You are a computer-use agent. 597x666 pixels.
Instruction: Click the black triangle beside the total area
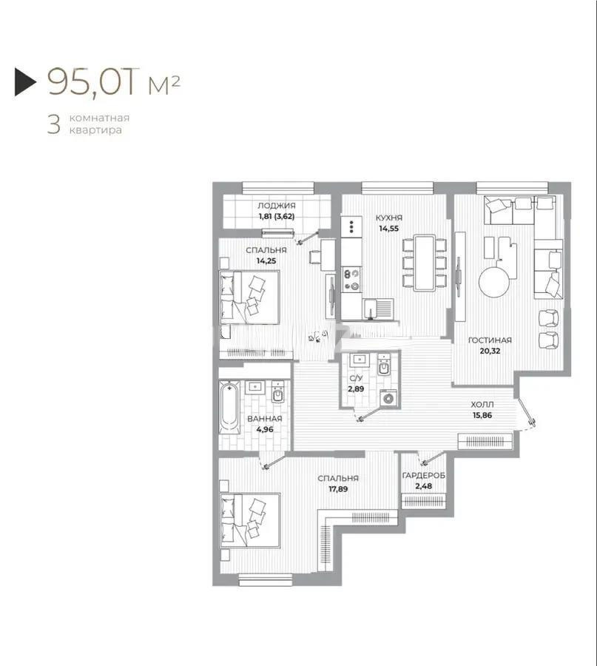[24, 81]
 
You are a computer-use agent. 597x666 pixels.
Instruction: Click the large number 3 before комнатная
[54, 124]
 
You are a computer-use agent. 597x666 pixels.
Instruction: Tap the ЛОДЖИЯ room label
[277, 206]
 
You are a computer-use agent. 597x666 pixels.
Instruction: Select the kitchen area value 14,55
[388, 228]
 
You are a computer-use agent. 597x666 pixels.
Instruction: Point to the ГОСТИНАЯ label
[490, 340]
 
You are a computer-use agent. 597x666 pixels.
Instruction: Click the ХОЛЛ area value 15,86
[482, 415]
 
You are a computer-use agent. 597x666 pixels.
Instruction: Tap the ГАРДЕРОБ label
[423, 476]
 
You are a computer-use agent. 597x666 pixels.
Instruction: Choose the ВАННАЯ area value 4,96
[265, 429]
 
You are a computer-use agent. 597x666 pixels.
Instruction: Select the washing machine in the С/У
[388, 398]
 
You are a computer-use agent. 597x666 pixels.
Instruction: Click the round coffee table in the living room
[494, 282]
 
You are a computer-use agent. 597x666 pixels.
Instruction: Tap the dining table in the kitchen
[425, 263]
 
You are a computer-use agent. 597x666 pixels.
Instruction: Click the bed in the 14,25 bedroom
[249, 297]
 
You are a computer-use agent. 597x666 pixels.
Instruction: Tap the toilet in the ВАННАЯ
[278, 393]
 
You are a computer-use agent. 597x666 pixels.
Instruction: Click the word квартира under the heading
[95, 130]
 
